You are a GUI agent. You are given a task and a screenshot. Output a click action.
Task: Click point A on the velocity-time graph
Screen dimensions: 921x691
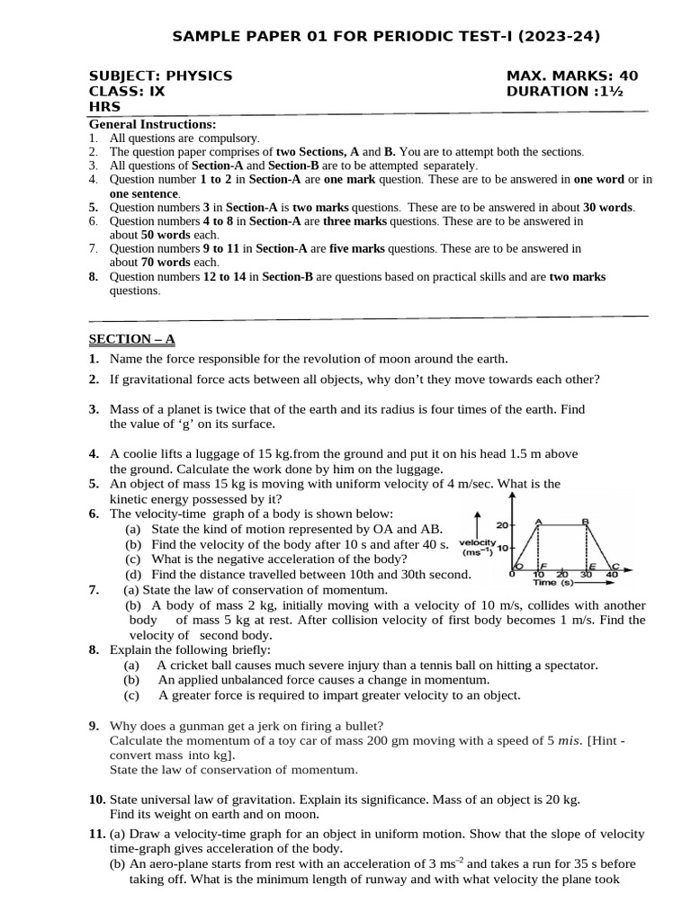pos(538,522)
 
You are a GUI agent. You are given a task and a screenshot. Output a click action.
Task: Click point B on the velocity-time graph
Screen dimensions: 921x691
pos(586,522)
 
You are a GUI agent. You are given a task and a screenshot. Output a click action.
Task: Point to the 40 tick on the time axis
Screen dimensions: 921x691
pos(613,574)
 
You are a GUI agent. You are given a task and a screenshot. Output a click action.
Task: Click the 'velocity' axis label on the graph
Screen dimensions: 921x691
pos(478,542)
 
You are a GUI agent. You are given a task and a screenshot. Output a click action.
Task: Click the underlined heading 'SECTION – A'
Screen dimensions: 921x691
pos(131,339)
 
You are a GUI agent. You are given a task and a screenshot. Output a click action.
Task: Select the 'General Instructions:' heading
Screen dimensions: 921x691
pos(151,124)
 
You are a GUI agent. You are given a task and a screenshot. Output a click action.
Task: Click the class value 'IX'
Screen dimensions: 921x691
pos(157,92)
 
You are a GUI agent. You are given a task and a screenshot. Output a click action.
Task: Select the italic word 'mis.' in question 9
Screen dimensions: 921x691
pos(570,740)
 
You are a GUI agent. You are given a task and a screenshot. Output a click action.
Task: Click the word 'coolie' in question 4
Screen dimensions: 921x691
pos(138,454)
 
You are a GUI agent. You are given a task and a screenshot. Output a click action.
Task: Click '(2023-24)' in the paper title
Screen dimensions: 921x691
pos(560,36)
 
